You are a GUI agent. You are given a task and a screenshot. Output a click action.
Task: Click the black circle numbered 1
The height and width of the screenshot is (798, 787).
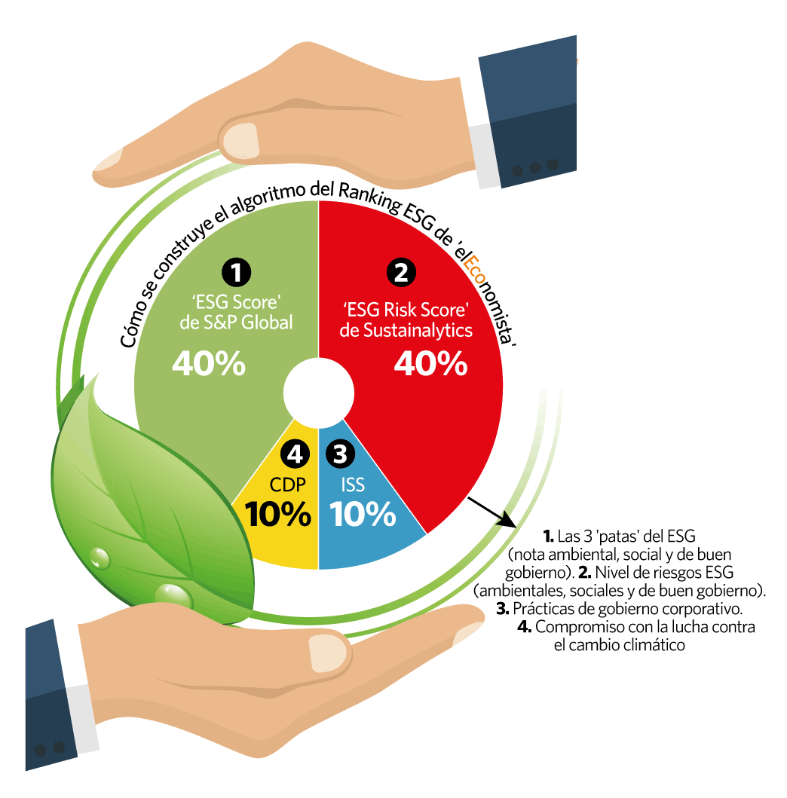236,272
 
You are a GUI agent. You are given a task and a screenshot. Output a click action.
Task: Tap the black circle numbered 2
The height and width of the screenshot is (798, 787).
401,273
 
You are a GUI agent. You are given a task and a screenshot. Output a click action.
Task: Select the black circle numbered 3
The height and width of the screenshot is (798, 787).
340,454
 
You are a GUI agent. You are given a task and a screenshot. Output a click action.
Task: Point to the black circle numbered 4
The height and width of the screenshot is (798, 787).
295,454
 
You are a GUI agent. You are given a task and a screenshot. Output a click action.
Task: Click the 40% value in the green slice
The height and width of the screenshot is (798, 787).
209,363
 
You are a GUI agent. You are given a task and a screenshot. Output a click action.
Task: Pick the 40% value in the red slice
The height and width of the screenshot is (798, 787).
430,363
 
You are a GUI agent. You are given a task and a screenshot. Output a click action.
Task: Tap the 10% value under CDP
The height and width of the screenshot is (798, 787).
278,514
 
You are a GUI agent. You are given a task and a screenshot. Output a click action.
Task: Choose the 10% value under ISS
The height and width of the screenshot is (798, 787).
363,514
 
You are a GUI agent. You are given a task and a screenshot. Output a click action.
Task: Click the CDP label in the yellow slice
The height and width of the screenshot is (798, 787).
288,485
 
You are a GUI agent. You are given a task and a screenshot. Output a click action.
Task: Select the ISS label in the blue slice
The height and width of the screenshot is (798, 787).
353,485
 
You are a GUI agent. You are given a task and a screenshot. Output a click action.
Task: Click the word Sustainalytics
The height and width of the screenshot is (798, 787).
418,330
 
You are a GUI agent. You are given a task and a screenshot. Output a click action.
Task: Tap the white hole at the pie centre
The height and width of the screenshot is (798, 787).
319,393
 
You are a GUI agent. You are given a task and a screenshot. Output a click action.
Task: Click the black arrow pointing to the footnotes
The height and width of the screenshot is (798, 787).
491,512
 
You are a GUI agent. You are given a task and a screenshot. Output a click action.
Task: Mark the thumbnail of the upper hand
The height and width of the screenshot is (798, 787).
240,141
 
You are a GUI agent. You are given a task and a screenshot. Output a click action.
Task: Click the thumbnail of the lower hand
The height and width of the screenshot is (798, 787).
328,653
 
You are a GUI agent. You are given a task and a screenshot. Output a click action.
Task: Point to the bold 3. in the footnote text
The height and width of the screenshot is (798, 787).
503,609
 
